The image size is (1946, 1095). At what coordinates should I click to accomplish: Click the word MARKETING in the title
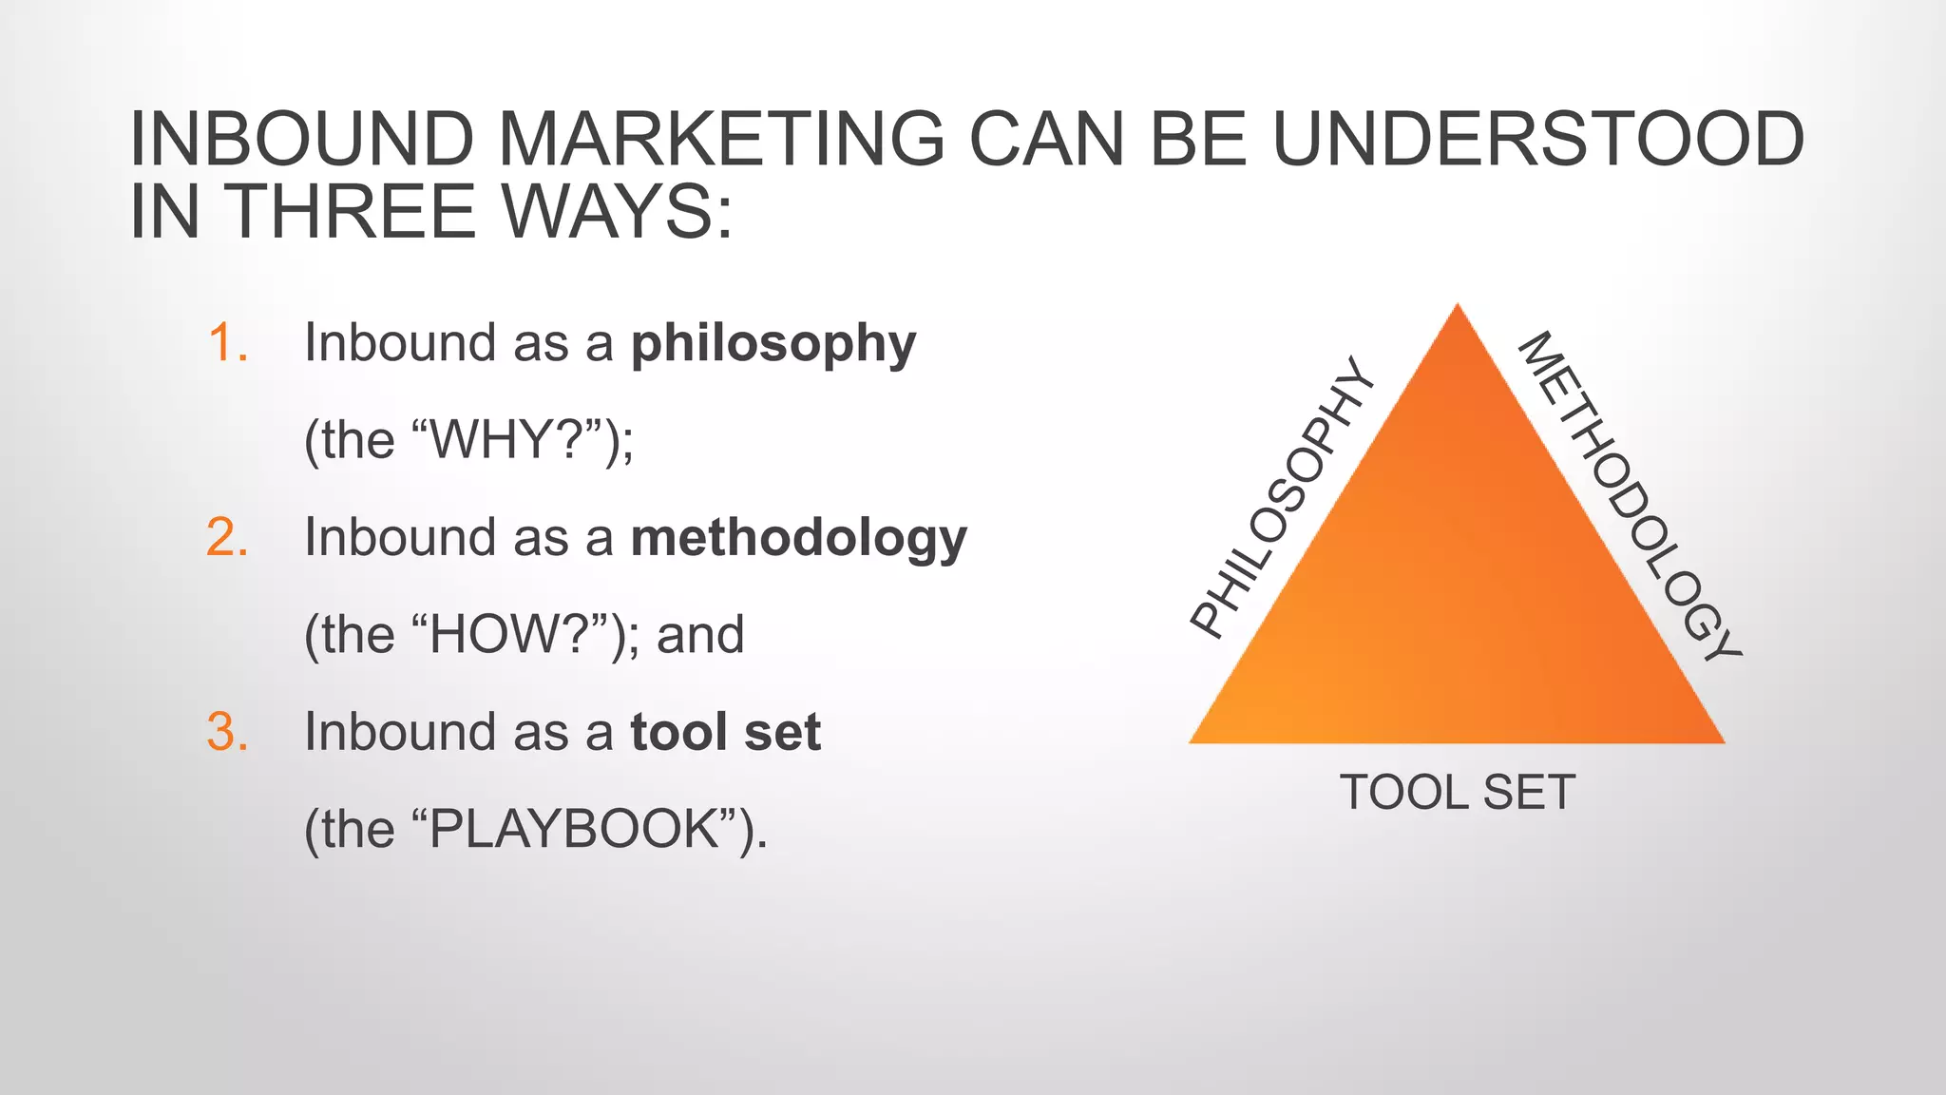pyautogui.click(x=721, y=139)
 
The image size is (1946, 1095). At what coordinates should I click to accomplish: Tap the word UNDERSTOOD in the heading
pyautogui.click(x=1537, y=139)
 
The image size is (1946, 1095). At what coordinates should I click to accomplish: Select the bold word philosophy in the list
pyautogui.click(x=773, y=344)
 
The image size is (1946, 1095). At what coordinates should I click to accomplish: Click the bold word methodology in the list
pyautogui.click(x=798, y=539)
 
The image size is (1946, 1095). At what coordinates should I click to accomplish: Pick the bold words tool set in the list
pyautogui.click(x=725, y=732)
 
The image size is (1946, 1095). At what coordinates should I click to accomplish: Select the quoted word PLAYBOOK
pyautogui.click(x=574, y=830)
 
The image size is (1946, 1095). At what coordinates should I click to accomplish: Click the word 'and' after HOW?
pyautogui.click(x=700, y=635)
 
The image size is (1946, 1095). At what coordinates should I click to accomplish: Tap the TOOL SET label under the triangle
pyautogui.click(x=1457, y=793)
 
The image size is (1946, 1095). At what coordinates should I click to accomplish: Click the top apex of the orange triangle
pyautogui.click(x=1458, y=309)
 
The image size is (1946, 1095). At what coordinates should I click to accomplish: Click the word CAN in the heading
pyautogui.click(x=1046, y=139)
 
